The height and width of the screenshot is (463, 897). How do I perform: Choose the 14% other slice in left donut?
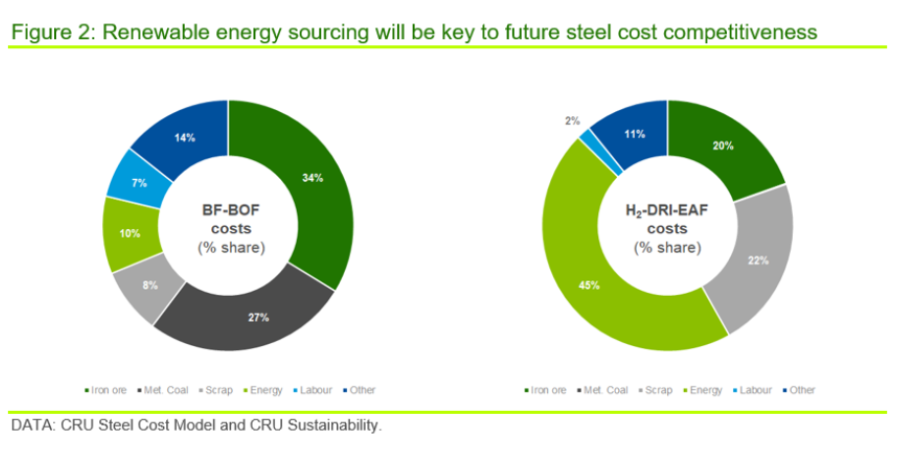[183, 138]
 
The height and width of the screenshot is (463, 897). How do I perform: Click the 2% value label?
[572, 121]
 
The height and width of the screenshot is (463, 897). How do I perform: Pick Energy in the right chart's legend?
[703, 390]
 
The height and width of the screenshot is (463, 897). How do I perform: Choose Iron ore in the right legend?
[545, 390]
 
